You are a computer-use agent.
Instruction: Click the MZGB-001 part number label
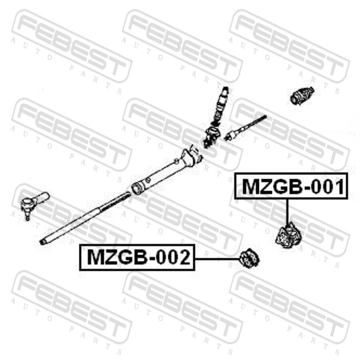click(291, 186)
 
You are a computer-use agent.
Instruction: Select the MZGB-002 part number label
click(137, 257)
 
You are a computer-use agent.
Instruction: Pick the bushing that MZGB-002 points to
click(249, 258)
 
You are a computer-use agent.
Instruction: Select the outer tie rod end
click(34, 203)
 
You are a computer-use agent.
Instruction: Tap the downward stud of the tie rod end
click(28, 216)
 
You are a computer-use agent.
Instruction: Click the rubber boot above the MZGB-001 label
click(302, 95)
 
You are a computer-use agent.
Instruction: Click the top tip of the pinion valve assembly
click(226, 88)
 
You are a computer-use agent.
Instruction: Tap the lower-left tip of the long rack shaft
click(42, 242)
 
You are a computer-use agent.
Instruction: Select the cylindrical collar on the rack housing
click(138, 188)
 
